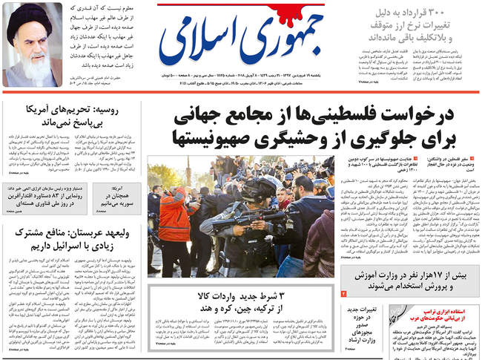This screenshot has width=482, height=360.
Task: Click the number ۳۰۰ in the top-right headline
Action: coord(461,13)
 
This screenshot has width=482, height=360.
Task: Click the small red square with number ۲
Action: coord(343,295)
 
